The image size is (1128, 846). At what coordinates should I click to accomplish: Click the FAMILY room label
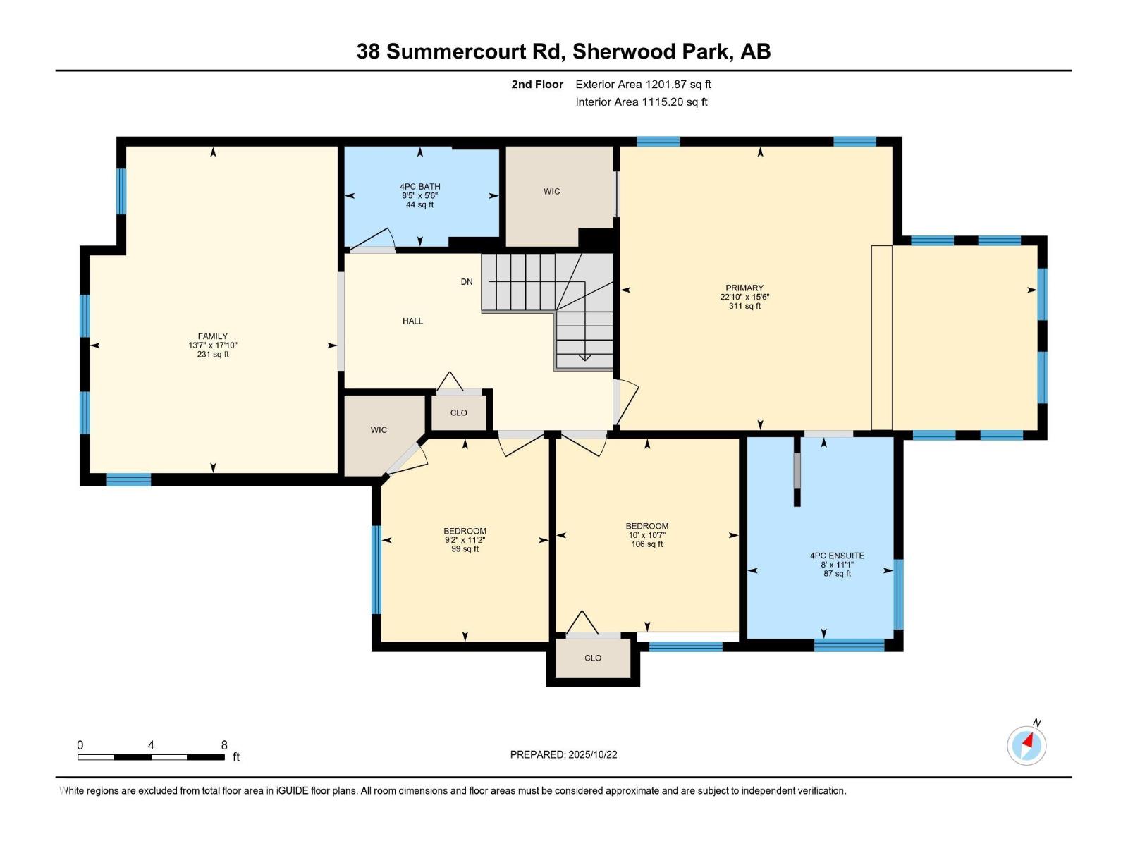coord(212,336)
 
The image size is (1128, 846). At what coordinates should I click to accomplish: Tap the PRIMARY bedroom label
coord(744,288)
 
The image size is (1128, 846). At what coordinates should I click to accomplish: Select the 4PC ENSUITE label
coord(837,556)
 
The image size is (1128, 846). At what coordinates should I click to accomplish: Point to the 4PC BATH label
coord(420,187)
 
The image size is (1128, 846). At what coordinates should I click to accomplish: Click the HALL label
coord(412,321)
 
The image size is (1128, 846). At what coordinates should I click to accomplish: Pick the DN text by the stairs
coord(467,282)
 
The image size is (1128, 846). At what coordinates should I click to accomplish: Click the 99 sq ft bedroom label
coord(465,539)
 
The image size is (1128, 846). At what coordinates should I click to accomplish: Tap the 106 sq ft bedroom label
coord(646,534)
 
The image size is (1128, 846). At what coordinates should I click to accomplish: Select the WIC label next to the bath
coord(551,191)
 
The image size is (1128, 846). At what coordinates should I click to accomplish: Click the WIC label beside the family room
coord(379,429)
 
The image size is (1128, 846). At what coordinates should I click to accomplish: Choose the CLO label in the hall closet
coord(458,412)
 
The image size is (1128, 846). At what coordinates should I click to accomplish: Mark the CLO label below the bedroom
coord(592,658)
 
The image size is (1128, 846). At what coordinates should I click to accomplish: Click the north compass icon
coord(1026,745)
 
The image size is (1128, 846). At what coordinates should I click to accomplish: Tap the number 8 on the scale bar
coord(224,745)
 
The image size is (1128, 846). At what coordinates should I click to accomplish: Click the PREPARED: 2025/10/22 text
coord(563,754)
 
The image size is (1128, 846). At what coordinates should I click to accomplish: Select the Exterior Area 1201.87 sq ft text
coord(643,84)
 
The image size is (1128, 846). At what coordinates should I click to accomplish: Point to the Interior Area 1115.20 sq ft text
coord(641,102)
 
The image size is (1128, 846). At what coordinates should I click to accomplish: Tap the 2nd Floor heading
coord(537,84)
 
